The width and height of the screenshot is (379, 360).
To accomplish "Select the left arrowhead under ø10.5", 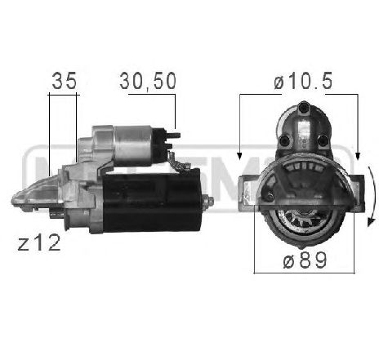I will [239, 153].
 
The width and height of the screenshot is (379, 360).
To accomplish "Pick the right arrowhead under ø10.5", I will [357, 153].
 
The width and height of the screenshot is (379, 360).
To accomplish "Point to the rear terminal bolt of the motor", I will [208, 201].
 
